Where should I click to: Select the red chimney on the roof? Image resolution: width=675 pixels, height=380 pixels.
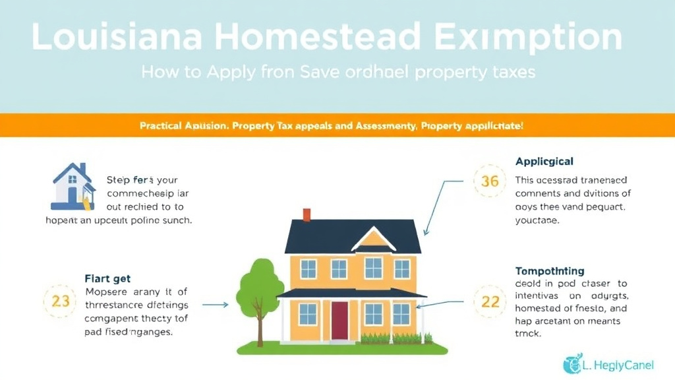(307, 215)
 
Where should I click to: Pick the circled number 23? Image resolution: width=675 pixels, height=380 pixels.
(60, 301)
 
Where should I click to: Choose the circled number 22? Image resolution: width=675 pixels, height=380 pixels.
(490, 301)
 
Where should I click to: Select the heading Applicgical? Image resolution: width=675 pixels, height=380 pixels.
(544, 161)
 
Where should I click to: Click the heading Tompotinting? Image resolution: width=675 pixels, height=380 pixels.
(549, 271)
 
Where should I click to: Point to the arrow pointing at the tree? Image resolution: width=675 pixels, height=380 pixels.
(215, 305)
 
